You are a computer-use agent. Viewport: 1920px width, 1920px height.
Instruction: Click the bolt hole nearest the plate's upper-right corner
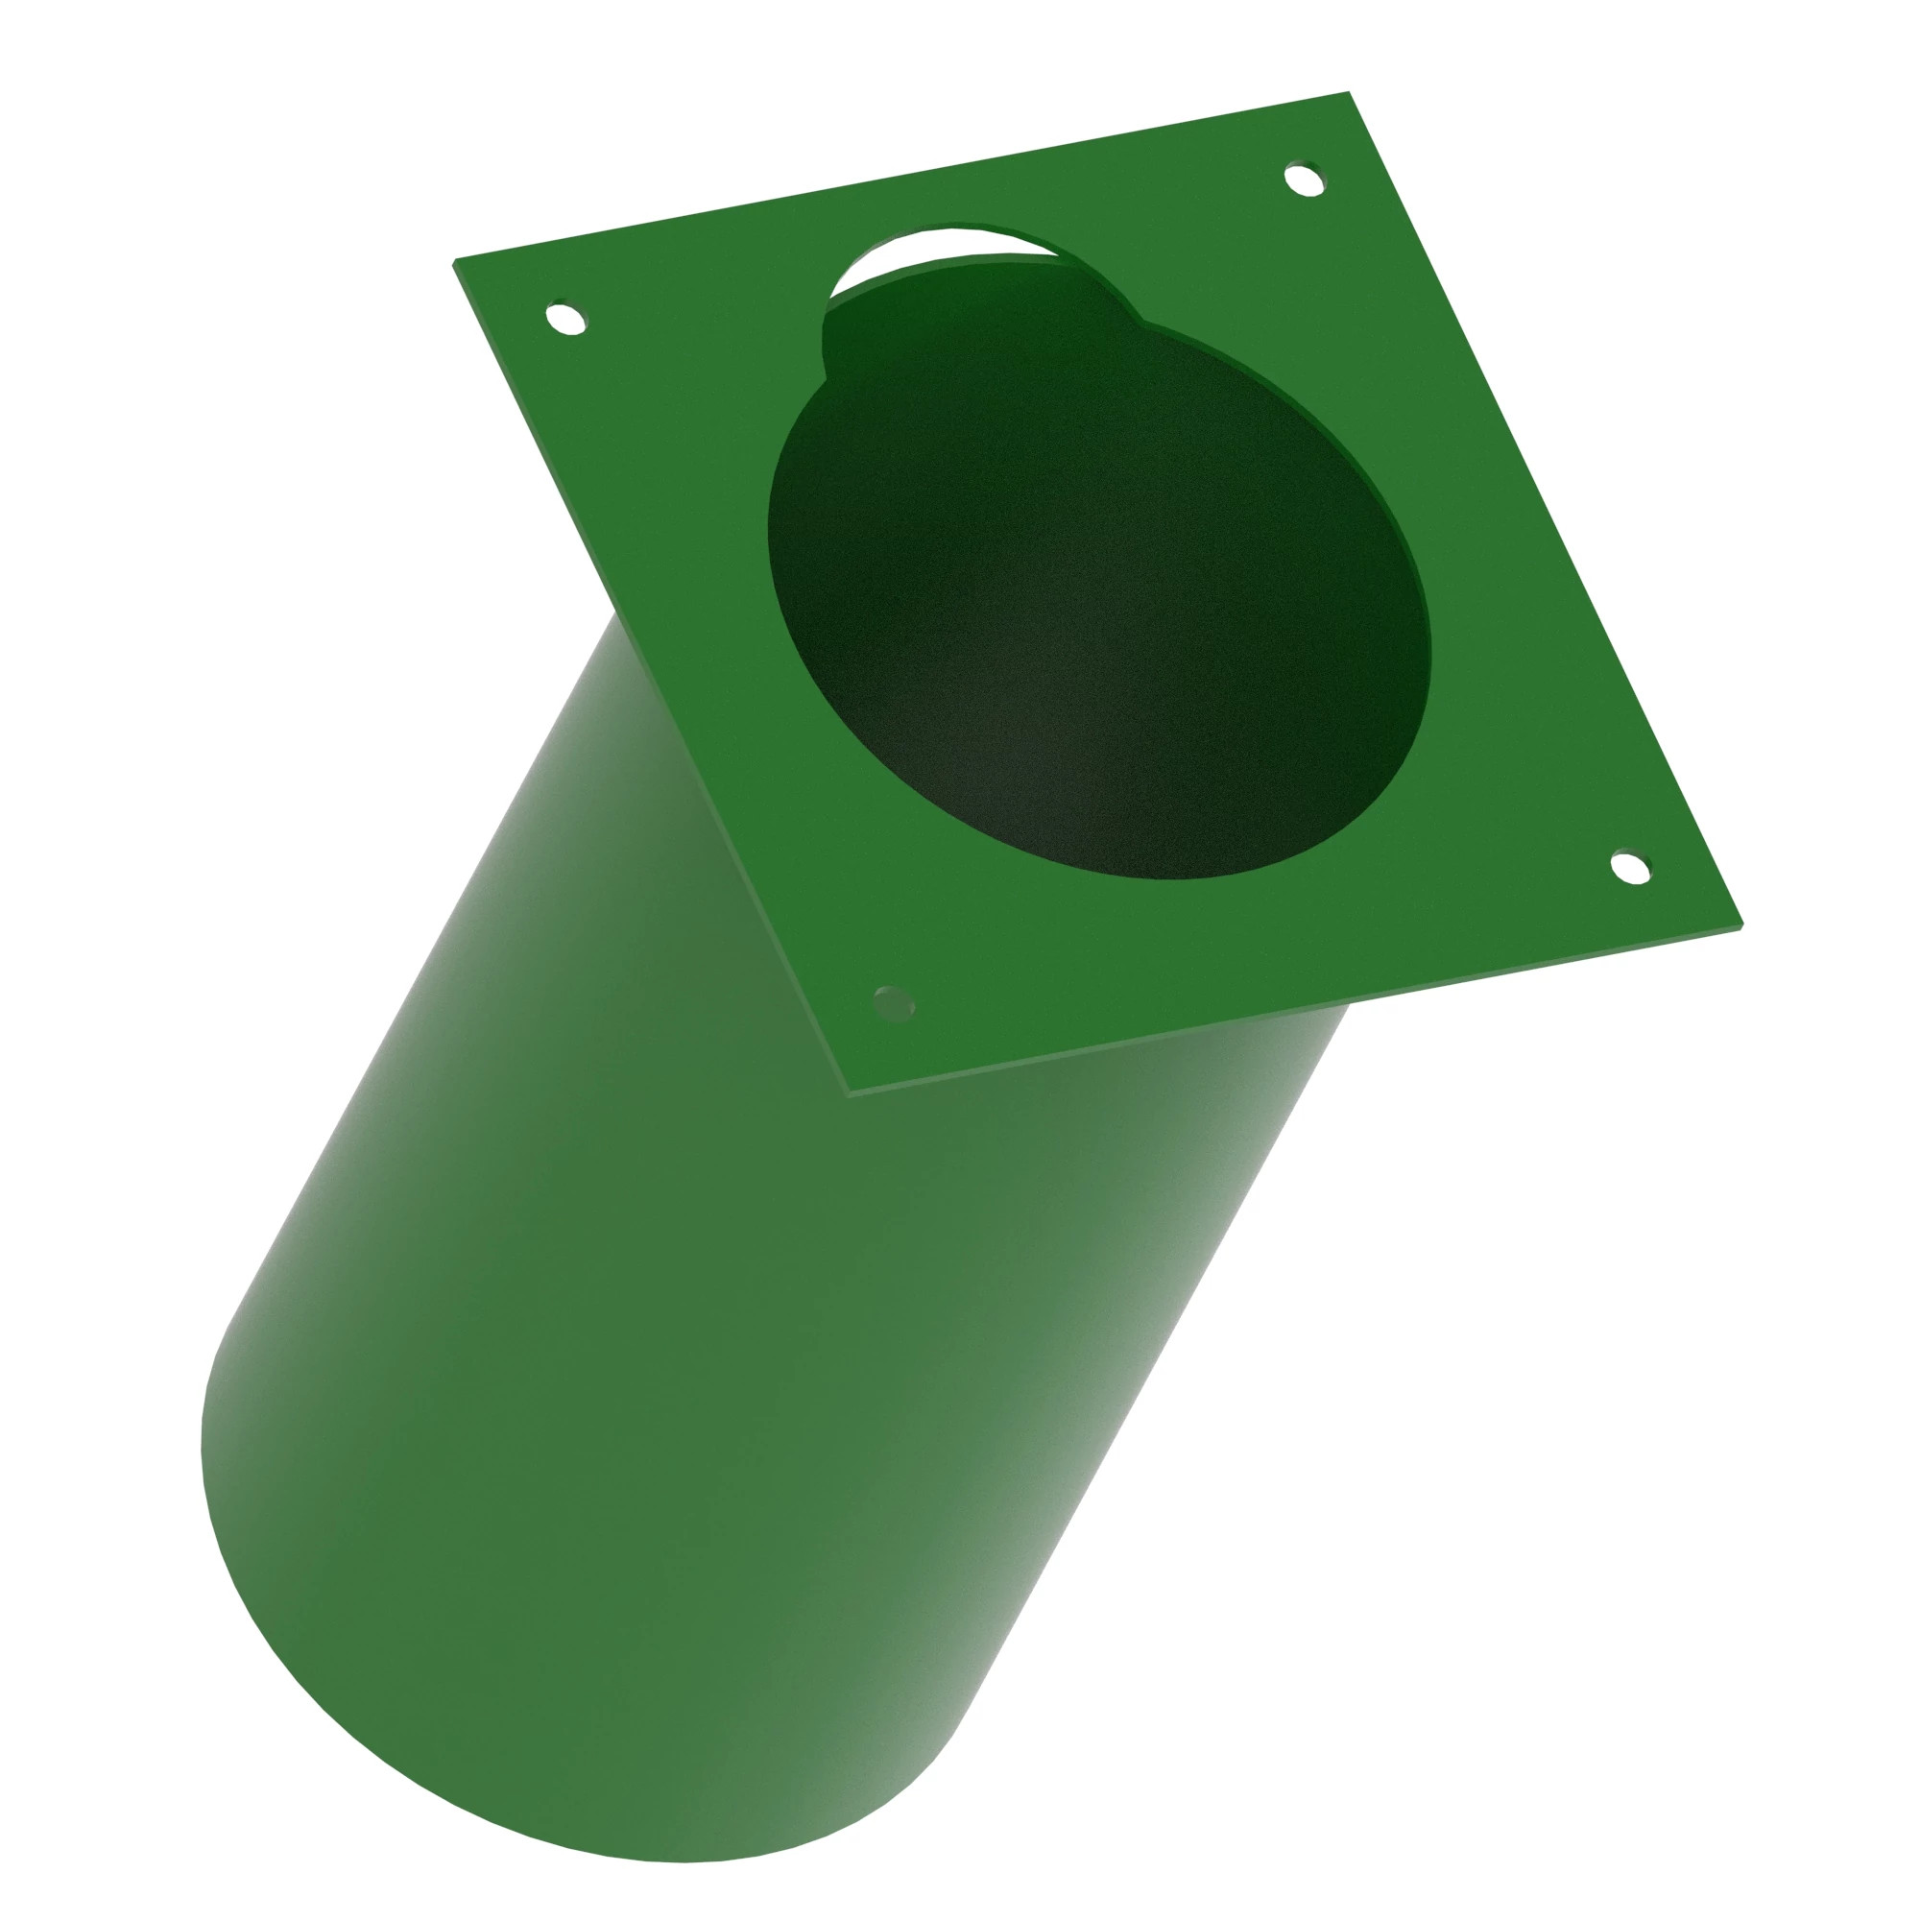pos(1304,180)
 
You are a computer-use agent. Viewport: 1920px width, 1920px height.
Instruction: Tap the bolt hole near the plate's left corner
pos(566,320)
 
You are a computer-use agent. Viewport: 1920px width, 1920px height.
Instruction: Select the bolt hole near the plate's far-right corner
pos(1630,867)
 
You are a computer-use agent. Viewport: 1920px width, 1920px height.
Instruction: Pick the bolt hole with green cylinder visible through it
pos(894,1004)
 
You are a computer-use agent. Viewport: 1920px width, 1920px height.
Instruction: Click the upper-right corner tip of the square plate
pos(1349,93)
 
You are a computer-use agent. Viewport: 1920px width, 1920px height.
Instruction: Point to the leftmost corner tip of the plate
pos(455,262)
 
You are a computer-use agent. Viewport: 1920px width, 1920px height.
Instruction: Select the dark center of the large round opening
pos(1093,596)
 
